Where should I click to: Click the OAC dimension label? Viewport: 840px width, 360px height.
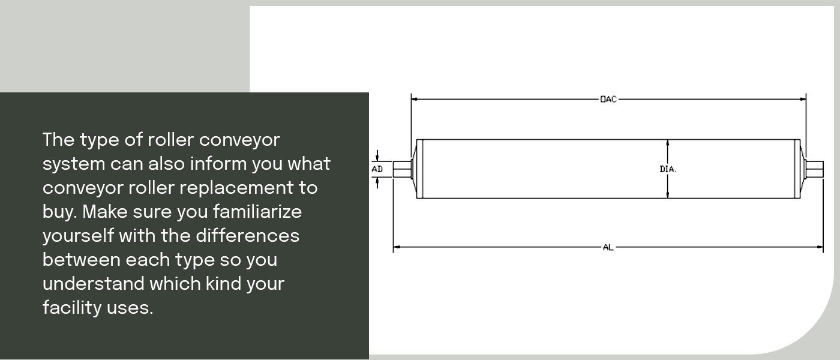(x=608, y=99)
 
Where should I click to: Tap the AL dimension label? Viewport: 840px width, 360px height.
(x=608, y=247)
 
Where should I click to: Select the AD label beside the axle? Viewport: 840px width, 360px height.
(x=377, y=169)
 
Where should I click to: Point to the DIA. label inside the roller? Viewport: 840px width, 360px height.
(x=668, y=169)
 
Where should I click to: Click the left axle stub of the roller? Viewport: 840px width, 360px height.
(x=401, y=169)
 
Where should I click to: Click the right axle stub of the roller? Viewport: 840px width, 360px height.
(x=814, y=169)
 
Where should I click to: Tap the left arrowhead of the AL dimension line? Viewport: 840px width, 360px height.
(x=397, y=247)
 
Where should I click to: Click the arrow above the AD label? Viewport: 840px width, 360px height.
(x=377, y=156)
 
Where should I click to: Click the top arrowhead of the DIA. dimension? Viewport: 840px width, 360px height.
(x=668, y=143)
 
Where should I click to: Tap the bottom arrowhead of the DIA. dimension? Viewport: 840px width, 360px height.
(x=668, y=194)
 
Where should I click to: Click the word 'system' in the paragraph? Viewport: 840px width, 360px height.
(x=74, y=164)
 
